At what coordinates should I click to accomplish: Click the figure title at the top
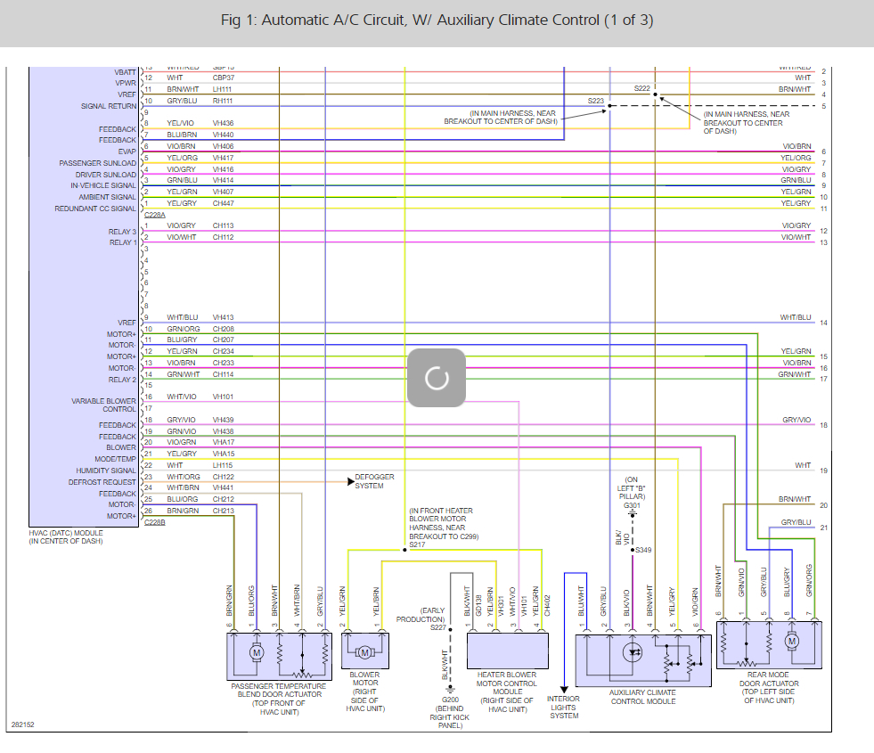click(437, 20)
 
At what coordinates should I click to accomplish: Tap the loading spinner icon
click(437, 378)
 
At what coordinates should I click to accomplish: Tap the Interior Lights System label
click(564, 708)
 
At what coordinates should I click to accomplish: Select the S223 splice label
click(595, 101)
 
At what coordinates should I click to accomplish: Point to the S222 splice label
click(642, 88)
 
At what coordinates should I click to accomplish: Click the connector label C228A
click(154, 215)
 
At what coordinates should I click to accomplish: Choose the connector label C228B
click(154, 522)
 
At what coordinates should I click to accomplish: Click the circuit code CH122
click(223, 477)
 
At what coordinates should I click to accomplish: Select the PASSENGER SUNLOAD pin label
click(98, 163)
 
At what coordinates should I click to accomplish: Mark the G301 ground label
click(632, 505)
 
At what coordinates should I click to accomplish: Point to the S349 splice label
click(643, 550)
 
